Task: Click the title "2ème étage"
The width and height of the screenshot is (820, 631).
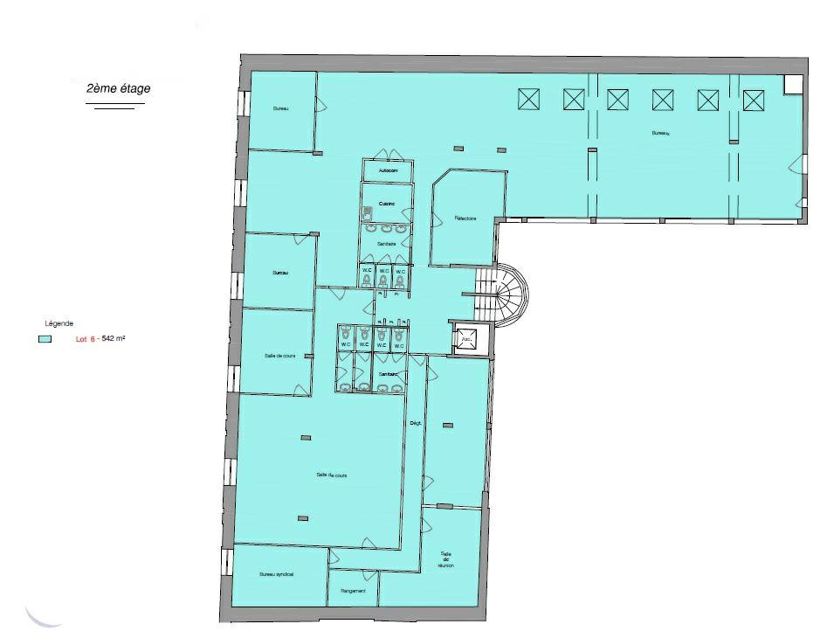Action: coord(117,89)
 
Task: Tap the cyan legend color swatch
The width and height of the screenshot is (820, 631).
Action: coord(45,338)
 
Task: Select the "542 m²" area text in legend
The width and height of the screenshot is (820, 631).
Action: coord(114,338)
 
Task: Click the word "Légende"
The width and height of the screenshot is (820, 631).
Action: coord(59,322)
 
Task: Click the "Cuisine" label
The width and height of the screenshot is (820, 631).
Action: coord(386,204)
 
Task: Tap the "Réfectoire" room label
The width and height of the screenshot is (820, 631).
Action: coord(465,218)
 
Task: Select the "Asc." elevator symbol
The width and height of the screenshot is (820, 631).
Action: coord(467,339)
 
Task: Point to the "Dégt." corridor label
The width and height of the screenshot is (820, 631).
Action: coord(416,423)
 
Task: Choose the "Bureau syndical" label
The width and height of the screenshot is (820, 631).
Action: coord(277,574)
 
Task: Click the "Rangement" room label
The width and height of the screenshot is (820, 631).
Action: coord(353,591)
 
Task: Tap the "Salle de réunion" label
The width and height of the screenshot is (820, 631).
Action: coord(446,559)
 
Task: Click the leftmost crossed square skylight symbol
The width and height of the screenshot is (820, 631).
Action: coord(528,100)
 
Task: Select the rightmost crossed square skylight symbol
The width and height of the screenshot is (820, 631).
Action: coord(753,101)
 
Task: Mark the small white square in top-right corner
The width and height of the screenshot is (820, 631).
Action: coord(793,83)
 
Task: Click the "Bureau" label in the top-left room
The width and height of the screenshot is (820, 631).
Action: coord(280,108)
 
